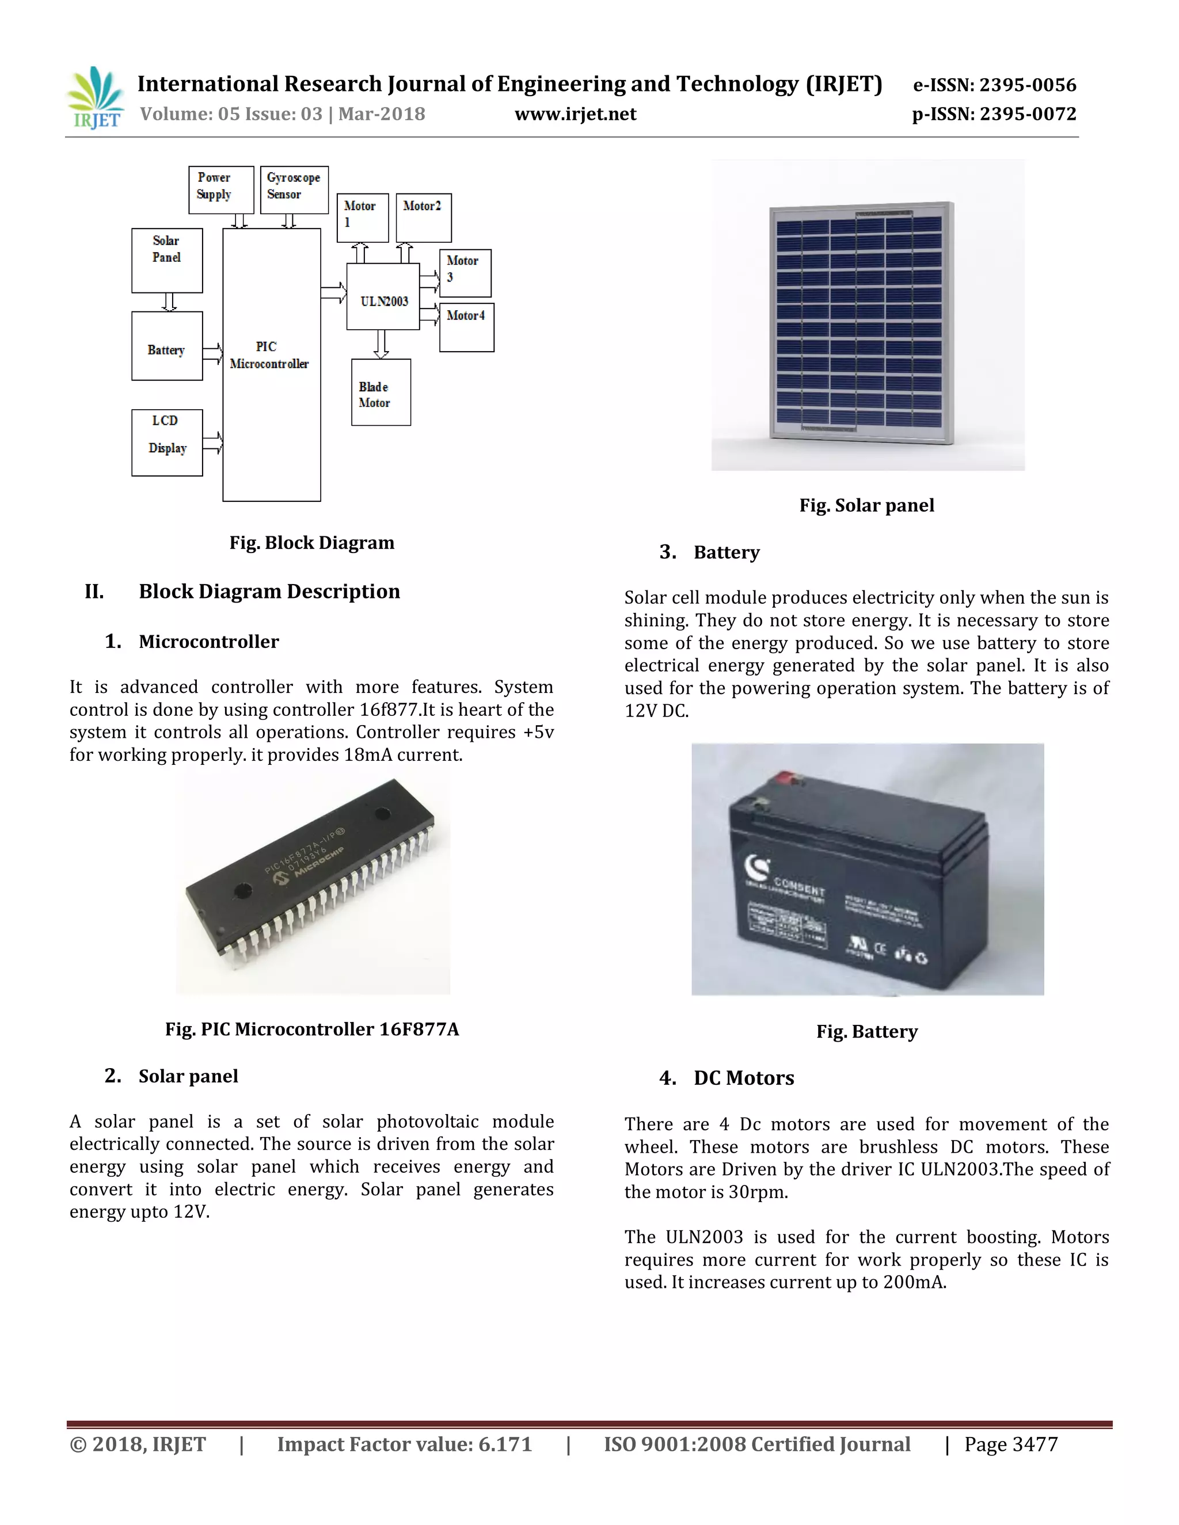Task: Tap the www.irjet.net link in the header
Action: click(575, 114)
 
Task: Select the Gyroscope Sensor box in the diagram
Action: click(294, 189)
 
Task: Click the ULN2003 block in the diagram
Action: click(383, 297)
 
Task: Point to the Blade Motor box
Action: click(381, 392)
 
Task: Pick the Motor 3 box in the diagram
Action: click(465, 273)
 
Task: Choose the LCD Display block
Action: click(167, 443)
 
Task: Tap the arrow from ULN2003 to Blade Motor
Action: click(381, 344)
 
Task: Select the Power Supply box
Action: click(220, 189)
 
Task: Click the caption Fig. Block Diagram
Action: click(311, 543)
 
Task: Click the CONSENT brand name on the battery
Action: click(799, 887)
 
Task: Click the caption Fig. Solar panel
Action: click(866, 505)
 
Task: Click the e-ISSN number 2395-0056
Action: click(1028, 85)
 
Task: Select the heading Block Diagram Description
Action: click(269, 592)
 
